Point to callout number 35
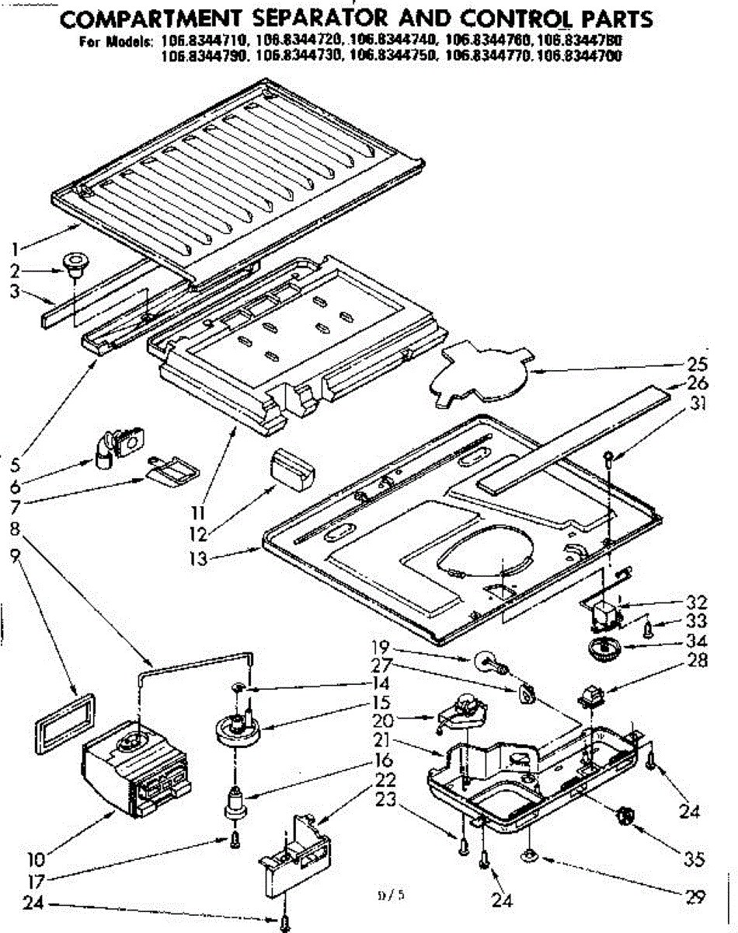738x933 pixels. [x=694, y=859]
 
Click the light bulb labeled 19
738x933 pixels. [x=489, y=662]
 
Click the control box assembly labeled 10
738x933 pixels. [x=136, y=769]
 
